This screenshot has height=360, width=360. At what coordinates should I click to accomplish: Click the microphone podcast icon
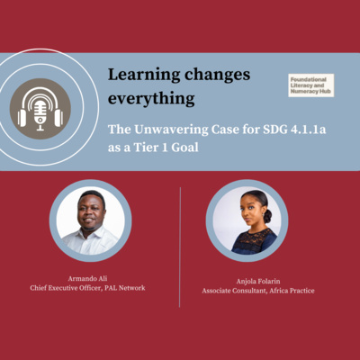point(40,109)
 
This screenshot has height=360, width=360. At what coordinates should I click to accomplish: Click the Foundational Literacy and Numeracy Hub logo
point(310,85)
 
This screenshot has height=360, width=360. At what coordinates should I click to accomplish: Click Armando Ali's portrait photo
point(90,220)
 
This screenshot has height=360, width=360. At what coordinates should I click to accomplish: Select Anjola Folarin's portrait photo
point(247,220)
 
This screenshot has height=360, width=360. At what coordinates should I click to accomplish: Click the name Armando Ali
point(90,279)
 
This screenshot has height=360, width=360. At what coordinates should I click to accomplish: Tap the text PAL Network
point(128,289)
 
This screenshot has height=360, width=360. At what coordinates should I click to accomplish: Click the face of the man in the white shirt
point(90,210)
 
